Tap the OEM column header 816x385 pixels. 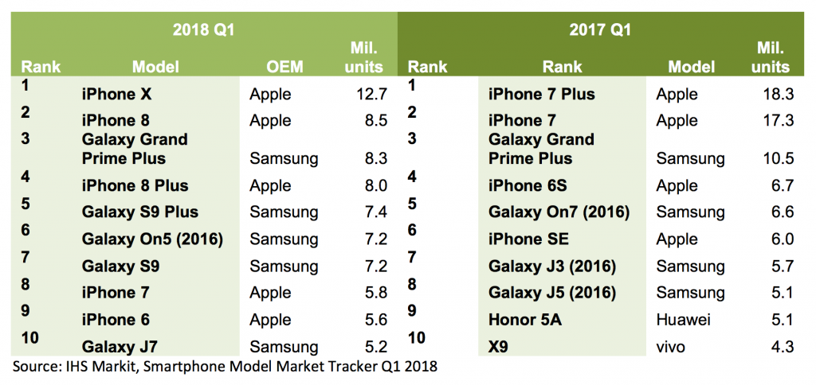pyautogui.click(x=285, y=67)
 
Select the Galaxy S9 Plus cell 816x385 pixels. pyautogui.click(x=140, y=212)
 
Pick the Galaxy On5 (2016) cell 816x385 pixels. pyautogui.click(x=152, y=239)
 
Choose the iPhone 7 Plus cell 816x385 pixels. pyautogui.click(x=541, y=95)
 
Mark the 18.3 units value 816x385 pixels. pyautogui.click(x=777, y=95)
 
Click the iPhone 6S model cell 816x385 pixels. pyautogui.click(x=528, y=186)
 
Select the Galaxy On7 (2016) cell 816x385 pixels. pyautogui.click(x=559, y=212)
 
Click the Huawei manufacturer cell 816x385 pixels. pyautogui.click(x=683, y=319)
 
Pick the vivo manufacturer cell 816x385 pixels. pyautogui.click(x=671, y=346)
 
